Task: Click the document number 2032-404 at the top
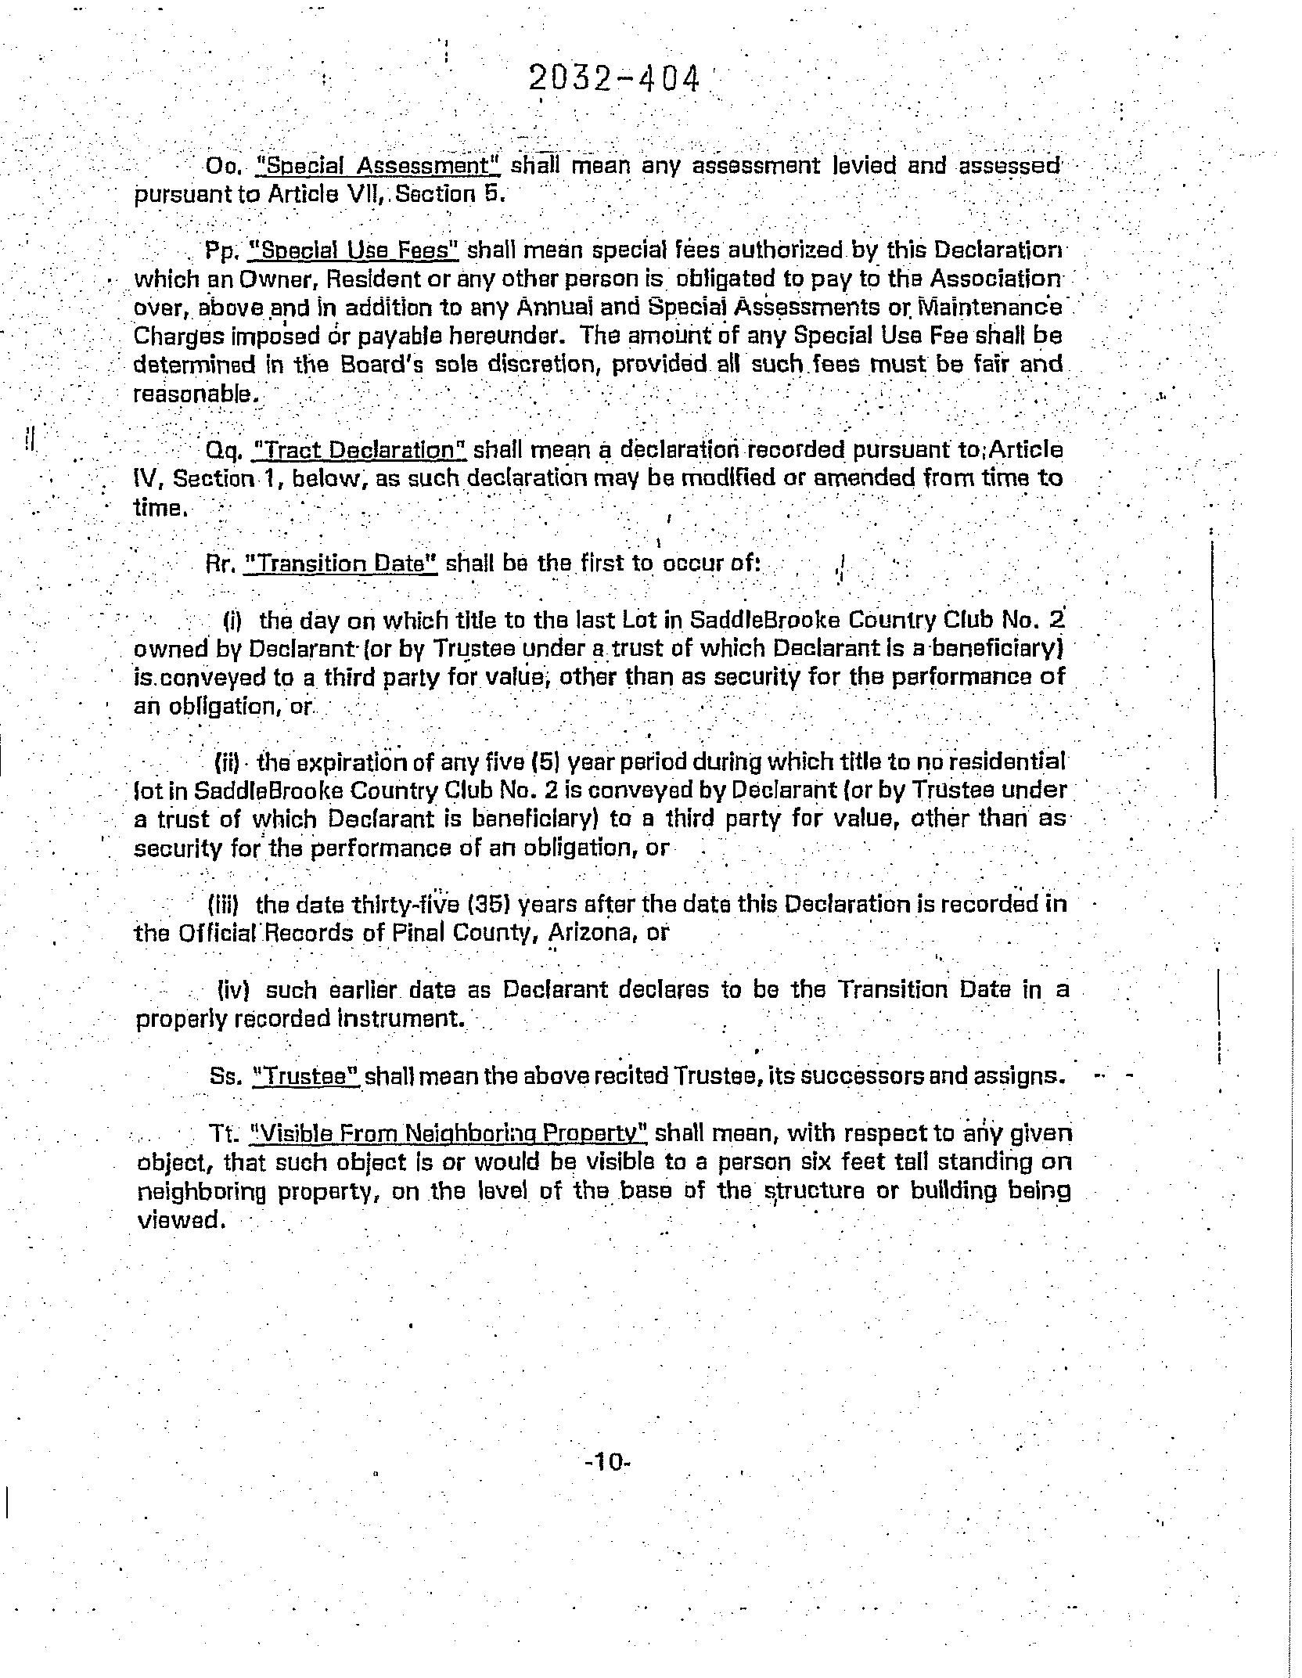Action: (x=614, y=80)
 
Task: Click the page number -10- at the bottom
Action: (x=607, y=1462)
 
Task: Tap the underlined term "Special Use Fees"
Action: (x=353, y=250)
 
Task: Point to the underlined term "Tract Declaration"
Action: (x=361, y=451)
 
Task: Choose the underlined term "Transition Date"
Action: (x=340, y=564)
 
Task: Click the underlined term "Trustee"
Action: (x=306, y=1076)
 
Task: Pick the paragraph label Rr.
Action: (x=221, y=564)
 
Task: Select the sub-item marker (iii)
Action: (x=228, y=905)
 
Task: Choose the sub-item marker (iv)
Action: (x=232, y=991)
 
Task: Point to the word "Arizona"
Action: (x=586, y=933)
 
